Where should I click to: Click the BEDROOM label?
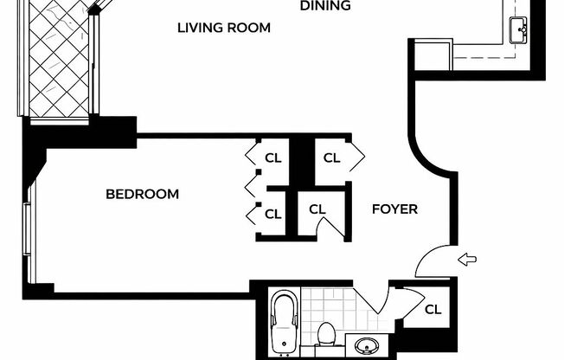pos(143,195)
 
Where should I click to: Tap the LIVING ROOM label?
pos(224,28)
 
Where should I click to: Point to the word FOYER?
pos(394,209)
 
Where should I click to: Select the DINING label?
pos(325,5)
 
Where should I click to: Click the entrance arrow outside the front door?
pos(467,259)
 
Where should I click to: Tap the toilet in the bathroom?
pos(327,334)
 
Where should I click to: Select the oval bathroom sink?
pos(366,346)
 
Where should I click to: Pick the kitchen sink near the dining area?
pos(518,30)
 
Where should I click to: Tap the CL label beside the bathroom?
pos(433,309)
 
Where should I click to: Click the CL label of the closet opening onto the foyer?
pos(331,157)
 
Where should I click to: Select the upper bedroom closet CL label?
pos(273,158)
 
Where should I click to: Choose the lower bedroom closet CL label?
pos(273,215)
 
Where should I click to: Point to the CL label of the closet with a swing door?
pos(317,209)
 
